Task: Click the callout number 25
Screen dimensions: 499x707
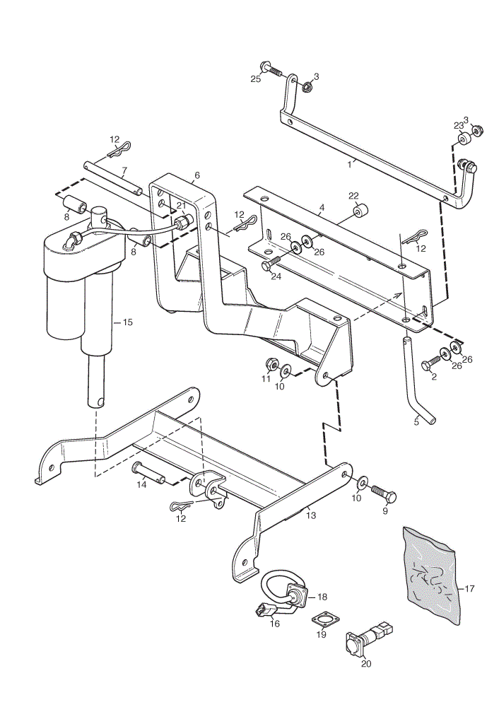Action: [256, 79]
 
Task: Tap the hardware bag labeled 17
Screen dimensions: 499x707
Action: [431, 575]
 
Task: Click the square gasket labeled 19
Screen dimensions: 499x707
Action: [322, 621]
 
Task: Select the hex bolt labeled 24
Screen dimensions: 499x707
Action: [271, 263]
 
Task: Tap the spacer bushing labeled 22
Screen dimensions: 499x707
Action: [361, 211]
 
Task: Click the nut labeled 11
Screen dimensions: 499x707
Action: [271, 363]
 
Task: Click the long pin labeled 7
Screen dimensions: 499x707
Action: [112, 180]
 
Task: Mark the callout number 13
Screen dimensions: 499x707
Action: [310, 515]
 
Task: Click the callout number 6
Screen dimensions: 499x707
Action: [196, 175]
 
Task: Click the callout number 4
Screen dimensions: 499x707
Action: [322, 209]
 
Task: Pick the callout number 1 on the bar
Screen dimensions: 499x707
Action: [349, 165]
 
